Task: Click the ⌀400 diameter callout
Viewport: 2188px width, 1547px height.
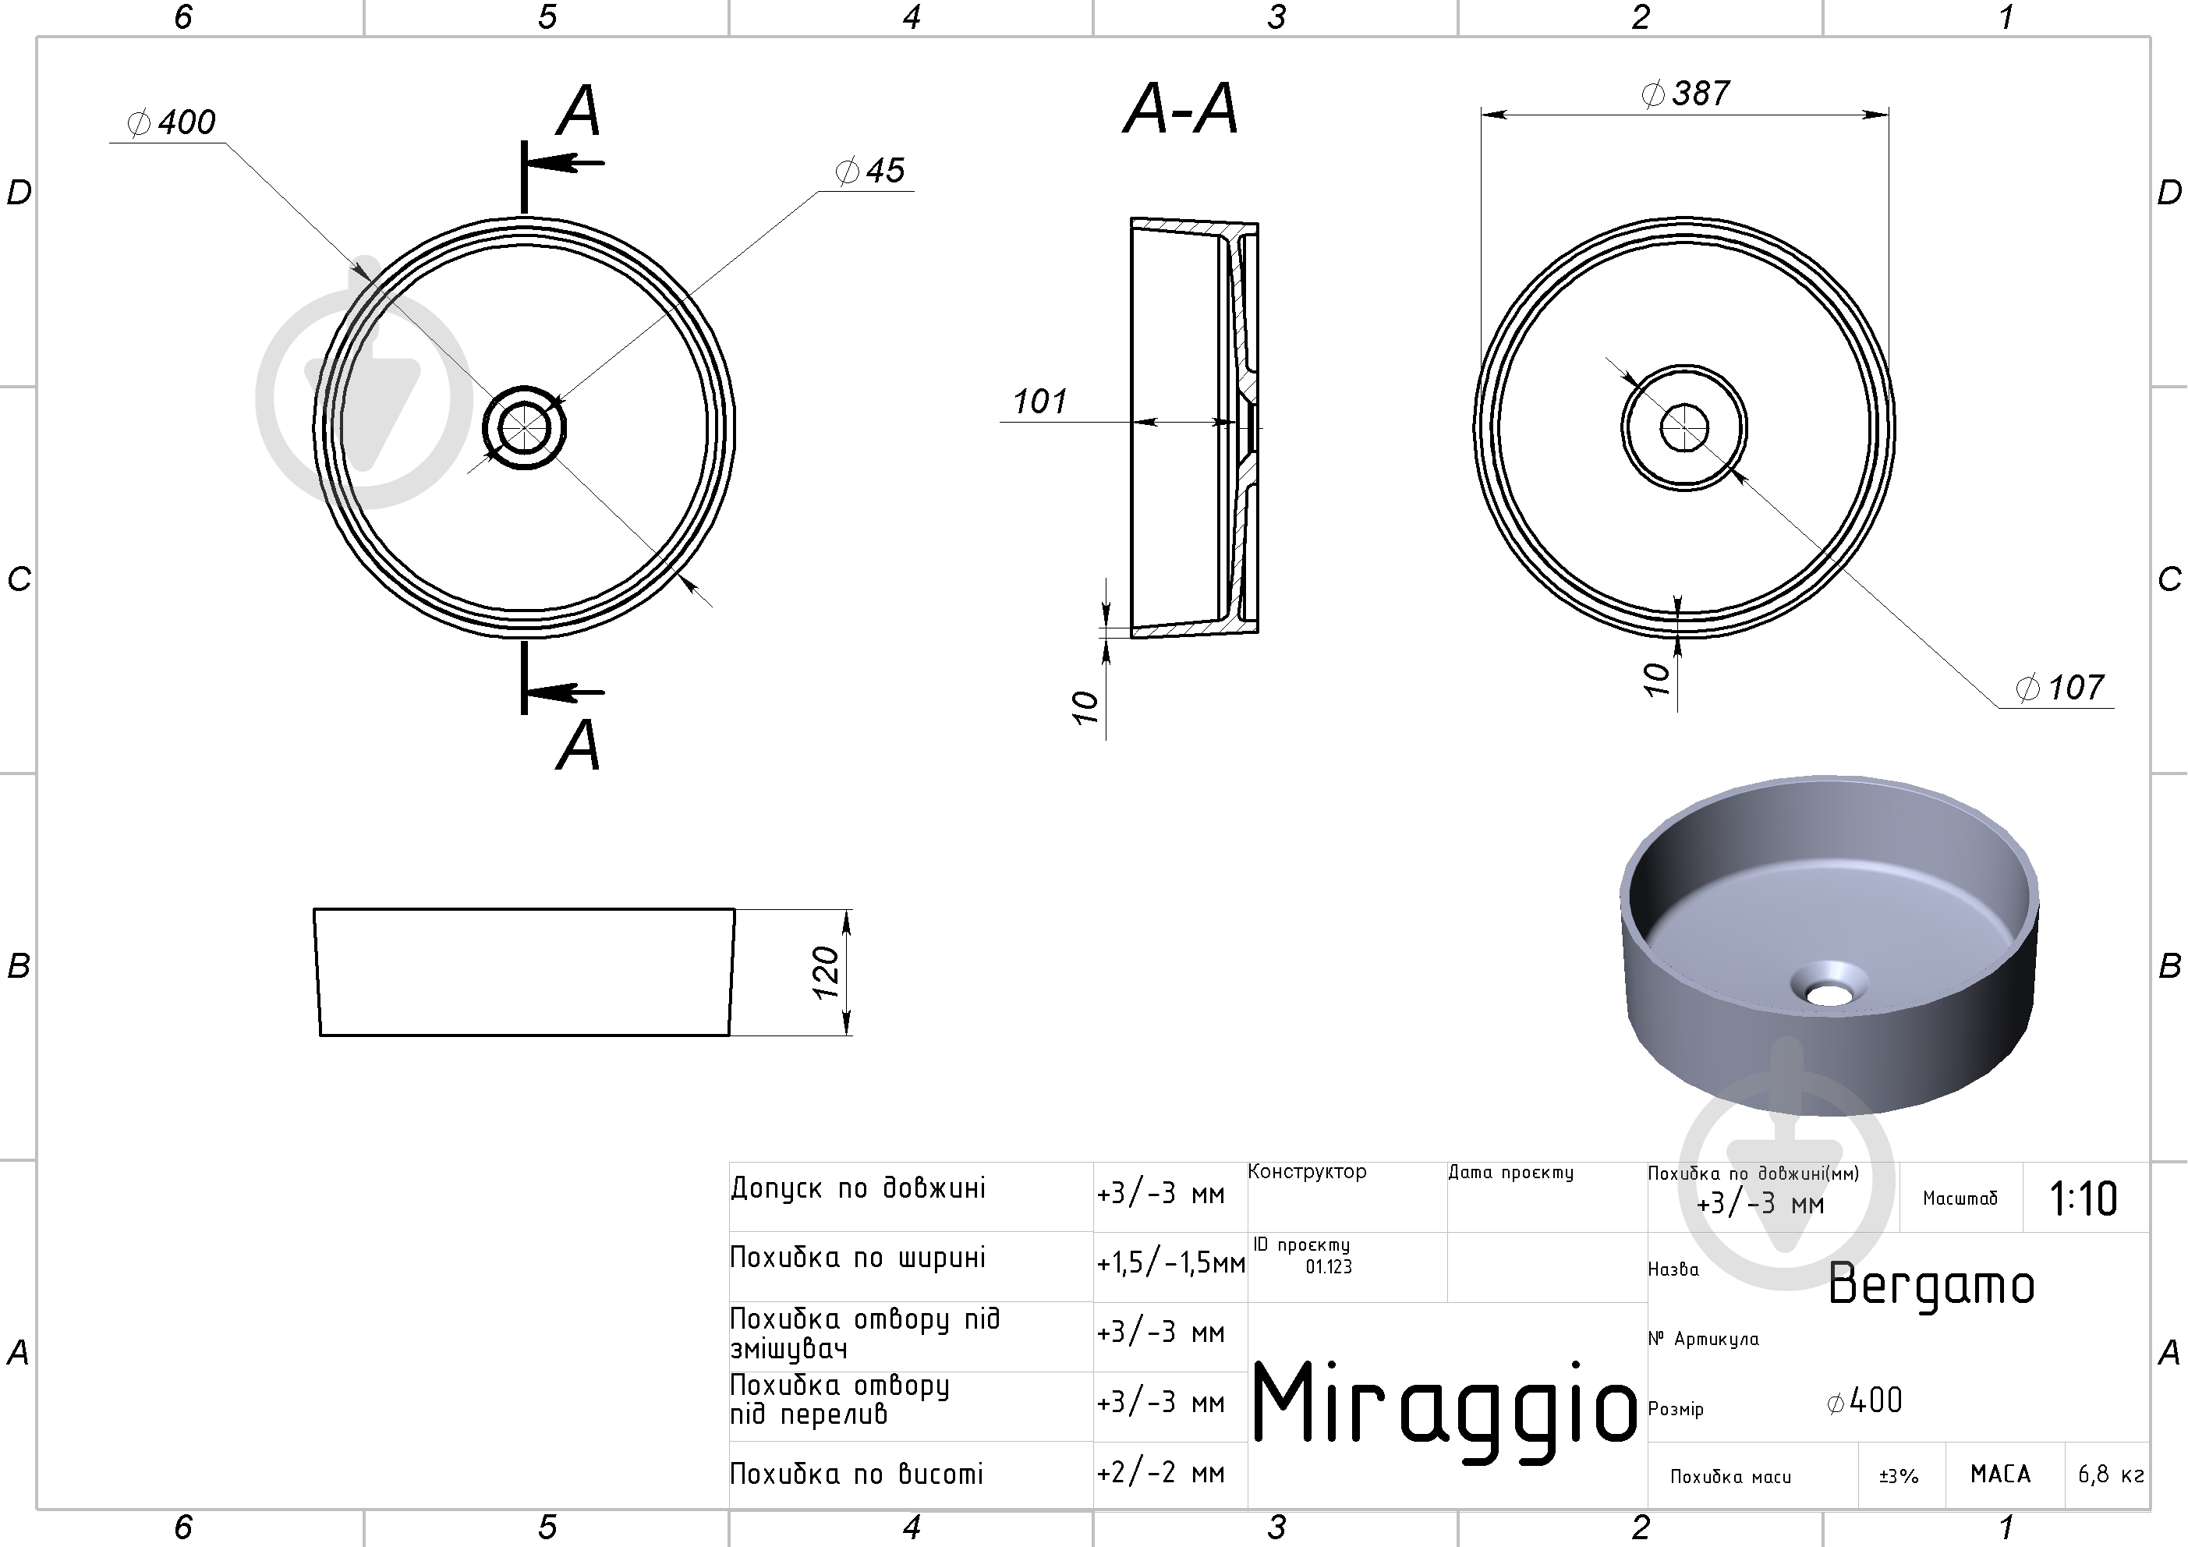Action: (172, 122)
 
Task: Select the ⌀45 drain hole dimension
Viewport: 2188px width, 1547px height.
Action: (869, 171)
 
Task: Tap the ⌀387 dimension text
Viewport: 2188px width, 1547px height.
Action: (1686, 94)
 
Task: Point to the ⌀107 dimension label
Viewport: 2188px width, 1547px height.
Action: (2059, 687)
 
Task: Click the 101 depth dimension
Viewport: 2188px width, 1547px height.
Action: (1039, 402)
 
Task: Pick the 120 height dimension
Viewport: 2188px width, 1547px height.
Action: (825, 972)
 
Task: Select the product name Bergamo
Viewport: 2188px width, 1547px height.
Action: (1931, 1285)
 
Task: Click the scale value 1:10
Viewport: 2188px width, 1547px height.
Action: (2084, 1198)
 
